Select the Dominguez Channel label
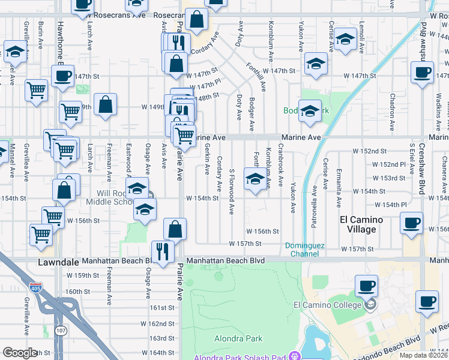pyautogui.click(x=304, y=249)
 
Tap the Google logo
pyautogui.click(x=20, y=353)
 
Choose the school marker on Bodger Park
pyautogui.click(x=310, y=110)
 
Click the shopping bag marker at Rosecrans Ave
pyautogui.click(x=197, y=19)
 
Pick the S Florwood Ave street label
pyautogui.click(x=231, y=190)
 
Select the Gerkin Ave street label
pyautogui.click(x=207, y=155)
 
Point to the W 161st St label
pyautogui.click(x=161, y=307)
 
